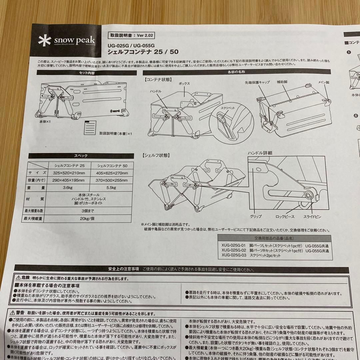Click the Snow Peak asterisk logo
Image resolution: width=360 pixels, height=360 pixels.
(x=44, y=41)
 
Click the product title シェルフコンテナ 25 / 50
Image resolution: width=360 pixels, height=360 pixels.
(x=143, y=52)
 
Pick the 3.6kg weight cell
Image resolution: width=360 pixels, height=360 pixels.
(x=69, y=188)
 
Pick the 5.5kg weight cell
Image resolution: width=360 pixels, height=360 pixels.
(x=111, y=188)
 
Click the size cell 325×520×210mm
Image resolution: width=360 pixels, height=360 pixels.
(x=69, y=173)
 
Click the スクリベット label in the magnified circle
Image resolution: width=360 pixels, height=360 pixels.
(x=227, y=108)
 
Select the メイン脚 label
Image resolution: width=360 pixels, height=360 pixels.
(x=323, y=82)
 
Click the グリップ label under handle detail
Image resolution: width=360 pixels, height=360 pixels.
(x=256, y=216)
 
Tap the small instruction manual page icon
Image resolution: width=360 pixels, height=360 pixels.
(x=90, y=127)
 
